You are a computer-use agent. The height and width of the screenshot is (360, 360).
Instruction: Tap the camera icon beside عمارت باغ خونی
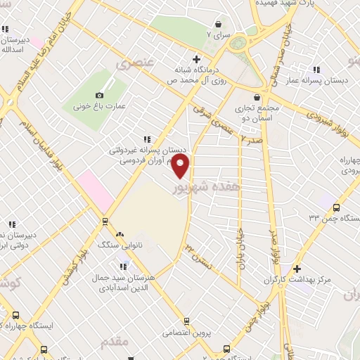[x=99, y=95]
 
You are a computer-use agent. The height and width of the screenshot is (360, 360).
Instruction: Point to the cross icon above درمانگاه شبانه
[x=196, y=58]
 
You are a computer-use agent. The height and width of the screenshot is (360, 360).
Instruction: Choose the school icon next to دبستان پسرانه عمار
[x=316, y=70]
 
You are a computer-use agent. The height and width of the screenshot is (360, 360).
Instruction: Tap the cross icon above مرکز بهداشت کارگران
[x=297, y=269]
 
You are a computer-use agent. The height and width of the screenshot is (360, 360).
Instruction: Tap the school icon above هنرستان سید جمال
[x=124, y=265]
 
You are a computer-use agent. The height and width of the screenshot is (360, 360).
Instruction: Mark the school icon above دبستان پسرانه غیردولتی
[x=146, y=139]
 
